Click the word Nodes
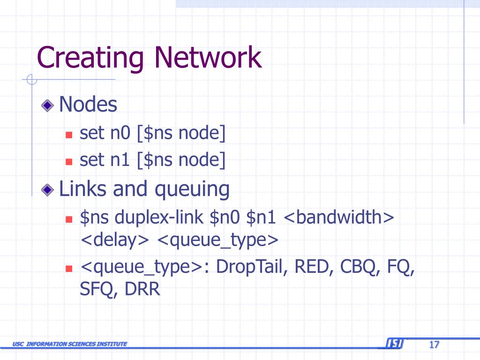pos(88,105)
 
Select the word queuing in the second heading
pos(192,190)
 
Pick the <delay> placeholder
pos(114,240)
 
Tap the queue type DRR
pos(142,289)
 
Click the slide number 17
pos(434,345)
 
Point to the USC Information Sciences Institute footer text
pos(70,345)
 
